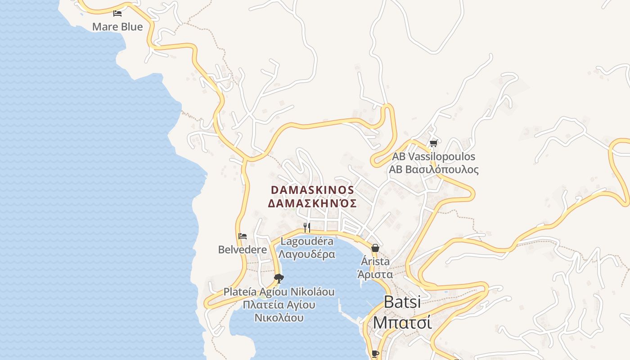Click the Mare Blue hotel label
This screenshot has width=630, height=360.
(x=117, y=27)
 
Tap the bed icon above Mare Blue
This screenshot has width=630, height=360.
(x=117, y=13)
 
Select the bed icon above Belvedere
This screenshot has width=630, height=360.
(x=243, y=236)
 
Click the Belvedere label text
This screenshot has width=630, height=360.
(x=243, y=249)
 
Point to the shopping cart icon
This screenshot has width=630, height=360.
(x=433, y=144)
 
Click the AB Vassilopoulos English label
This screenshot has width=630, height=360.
(x=434, y=157)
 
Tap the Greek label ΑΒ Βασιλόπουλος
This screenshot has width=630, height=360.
(x=434, y=170)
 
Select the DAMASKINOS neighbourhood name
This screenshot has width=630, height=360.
(x=312, y=190)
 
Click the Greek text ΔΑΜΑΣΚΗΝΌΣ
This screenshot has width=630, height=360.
(x=312, y=203)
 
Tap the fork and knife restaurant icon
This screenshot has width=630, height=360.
(x=307, y=227)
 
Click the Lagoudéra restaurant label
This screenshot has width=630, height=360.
(x=307, y=241)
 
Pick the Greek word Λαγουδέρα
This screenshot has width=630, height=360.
(x=307, y=254)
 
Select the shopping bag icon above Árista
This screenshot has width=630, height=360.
(x=375, y=248)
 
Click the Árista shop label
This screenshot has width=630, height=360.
(x=375, y=261)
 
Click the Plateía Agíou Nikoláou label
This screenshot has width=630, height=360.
(x=279, y=292)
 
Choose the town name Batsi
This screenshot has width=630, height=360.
(x=402, y=302)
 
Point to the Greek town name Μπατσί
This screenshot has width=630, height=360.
(x=402, y=323)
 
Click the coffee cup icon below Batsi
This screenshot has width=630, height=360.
(x=375, y=354)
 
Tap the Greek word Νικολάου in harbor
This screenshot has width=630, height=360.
(x=279, y=318)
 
